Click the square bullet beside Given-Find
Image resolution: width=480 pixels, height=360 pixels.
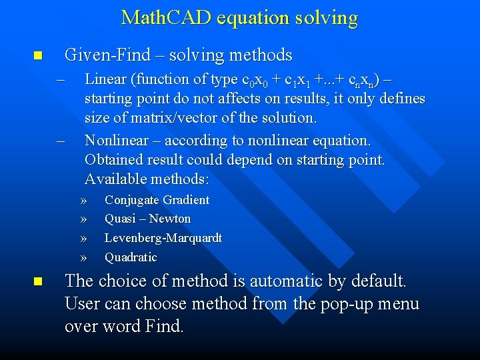click(x=38, y=55)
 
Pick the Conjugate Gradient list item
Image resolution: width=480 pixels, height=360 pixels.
click(x=157, y=200)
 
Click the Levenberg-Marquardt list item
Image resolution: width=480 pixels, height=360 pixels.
click(x=163, y=238)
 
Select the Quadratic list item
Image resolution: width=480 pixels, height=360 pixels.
click(x=131, y=257)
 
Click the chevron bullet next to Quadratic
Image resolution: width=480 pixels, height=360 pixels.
click(x=83, y=257)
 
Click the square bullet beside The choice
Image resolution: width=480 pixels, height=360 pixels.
click(x=38, y=282)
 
